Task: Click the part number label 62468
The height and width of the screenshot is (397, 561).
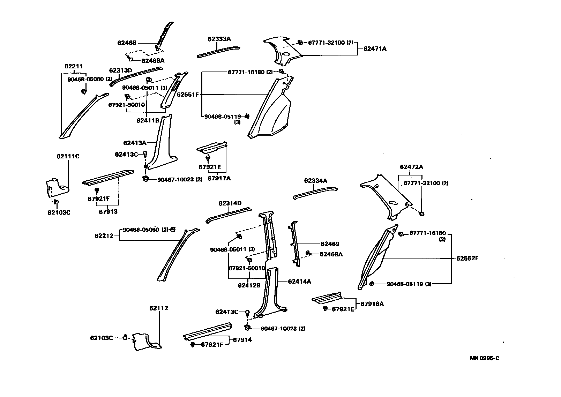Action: coord(127,43)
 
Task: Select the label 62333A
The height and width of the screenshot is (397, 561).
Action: coord(219,39)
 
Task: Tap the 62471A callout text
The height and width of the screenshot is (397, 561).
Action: coord(375,49)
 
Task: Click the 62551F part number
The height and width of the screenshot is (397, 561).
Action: coord(187,94)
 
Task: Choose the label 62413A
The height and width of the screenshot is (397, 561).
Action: coord(135,143)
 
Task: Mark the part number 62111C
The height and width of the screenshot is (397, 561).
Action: coord(68,156)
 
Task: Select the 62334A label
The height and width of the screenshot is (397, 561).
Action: coord(315,181)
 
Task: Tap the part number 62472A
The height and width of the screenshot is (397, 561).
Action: coord(411,167)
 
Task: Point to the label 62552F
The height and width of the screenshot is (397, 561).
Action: coord(467,259)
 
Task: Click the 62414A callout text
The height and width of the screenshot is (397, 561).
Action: coord(299,281)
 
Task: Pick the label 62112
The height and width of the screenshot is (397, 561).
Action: coord(159,308)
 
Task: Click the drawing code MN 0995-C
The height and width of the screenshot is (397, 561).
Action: coord(484,358)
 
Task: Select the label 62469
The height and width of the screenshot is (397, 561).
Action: coord(330,244)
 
